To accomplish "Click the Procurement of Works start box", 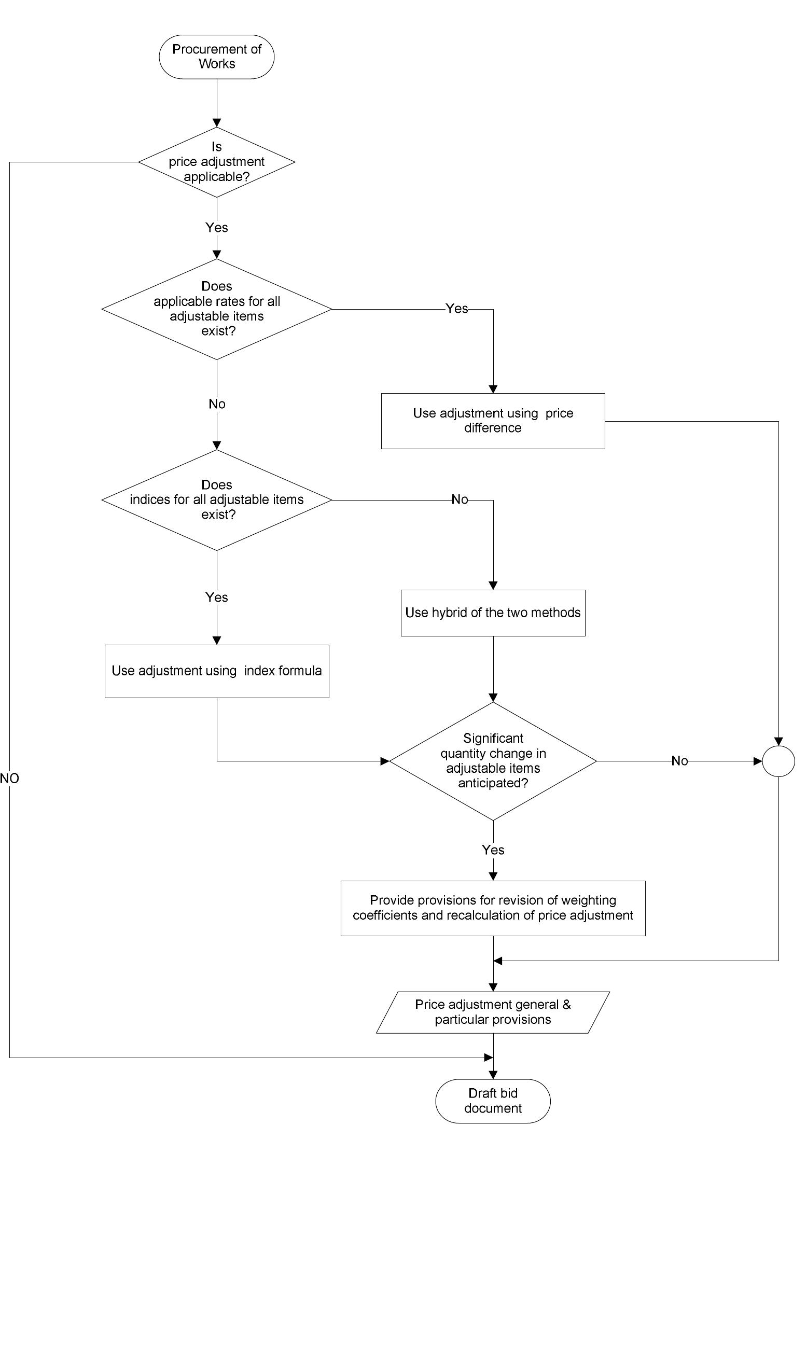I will [x=216, y=57].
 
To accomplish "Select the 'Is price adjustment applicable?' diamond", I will [x=216, y=162].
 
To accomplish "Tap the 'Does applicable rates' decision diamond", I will [x=216, y=309].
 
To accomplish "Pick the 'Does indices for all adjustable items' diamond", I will [x=216, y=499].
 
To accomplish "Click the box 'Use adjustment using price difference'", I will [x=493, y=421].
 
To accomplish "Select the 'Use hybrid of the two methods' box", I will [x=493, y=613].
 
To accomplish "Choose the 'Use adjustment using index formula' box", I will [x=216, y=671].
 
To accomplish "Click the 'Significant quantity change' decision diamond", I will [x=493, y=761].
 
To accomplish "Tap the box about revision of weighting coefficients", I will [x=493, y=908].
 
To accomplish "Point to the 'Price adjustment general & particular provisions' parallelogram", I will [x=493, y=1012].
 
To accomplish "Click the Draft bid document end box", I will [x=493, y=1101].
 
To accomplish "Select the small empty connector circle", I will [x=778, y=761].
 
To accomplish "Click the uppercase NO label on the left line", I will [x=9, y=778].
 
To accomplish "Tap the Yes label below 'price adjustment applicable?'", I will [x=216, y=227].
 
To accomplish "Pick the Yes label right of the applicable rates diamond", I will [x=456, y=308].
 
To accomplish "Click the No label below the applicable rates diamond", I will [x=216, y=404].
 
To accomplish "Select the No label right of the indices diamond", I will [x=460, y=499].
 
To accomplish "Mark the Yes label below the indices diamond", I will [x=216, y=597].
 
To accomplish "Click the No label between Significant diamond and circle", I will [x=679, y=761].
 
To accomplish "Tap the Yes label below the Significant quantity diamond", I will [x=493, y=850].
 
